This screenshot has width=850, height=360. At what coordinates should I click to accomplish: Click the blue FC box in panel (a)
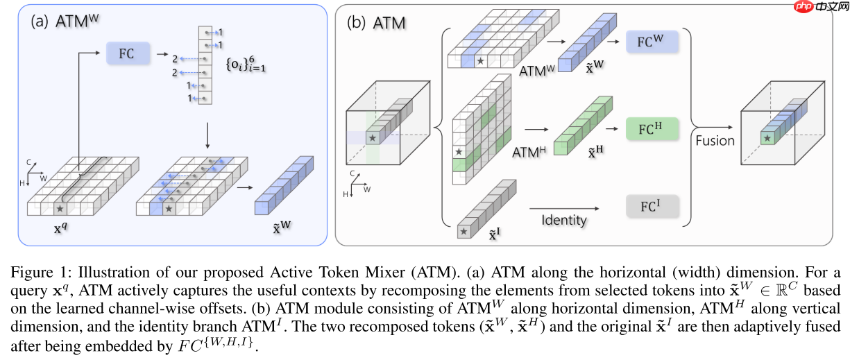coord(126,53)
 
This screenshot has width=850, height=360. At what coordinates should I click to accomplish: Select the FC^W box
coord(652,42)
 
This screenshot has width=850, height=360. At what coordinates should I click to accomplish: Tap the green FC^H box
coord(652,129)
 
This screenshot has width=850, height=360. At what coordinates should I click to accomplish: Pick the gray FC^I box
coord(652,206)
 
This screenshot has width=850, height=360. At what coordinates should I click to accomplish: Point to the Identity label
coord(563,220)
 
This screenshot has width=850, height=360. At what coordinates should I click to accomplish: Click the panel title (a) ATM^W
coord(65,21)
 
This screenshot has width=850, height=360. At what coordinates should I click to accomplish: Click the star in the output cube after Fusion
coord(767,139)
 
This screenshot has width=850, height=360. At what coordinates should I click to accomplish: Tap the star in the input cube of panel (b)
coord(373,139)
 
